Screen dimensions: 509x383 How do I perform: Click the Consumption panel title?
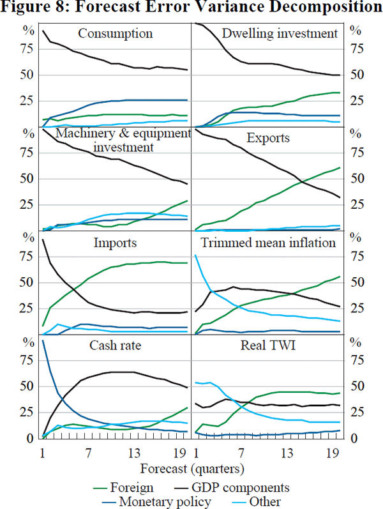[x=115, y=33]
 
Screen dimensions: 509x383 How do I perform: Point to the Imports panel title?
[x=116, y=243]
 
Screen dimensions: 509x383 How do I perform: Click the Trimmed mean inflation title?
[x=268, y=243]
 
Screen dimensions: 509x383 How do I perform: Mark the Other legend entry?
[x=264, y=501]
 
